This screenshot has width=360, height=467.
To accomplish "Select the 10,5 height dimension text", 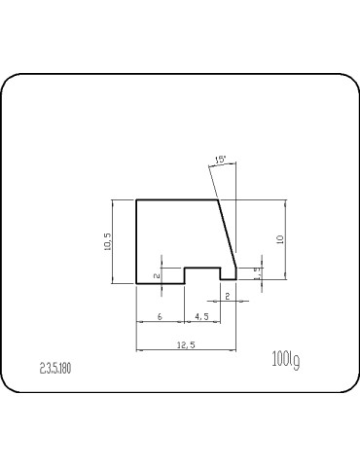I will pos(108,241).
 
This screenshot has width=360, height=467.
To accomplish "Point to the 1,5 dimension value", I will pos(257,273).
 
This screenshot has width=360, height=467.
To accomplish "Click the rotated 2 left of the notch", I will pos(158,275).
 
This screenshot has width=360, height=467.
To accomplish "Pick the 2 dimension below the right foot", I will pos(227,295).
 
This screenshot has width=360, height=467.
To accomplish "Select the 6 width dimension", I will pos(160,317).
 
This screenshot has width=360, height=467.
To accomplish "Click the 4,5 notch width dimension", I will pos(201,317).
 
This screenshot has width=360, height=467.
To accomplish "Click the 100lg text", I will pos(286,361).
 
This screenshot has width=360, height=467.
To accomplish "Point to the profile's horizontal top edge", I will pos(175,199).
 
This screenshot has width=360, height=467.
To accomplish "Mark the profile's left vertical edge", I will pos(136,241).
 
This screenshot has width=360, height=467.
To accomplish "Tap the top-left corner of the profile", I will pos(136,199).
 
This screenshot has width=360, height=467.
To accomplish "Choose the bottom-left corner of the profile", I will pos(136,283).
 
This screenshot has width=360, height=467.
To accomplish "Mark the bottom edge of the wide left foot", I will pos(161,283).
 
